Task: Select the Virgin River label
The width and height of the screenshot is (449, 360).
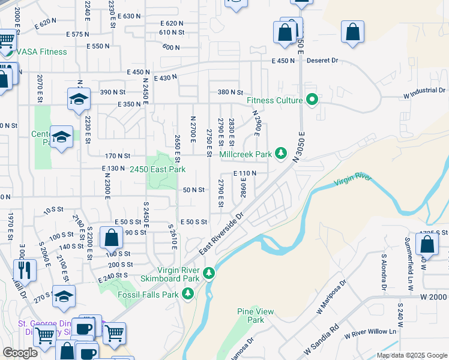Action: [352, 178]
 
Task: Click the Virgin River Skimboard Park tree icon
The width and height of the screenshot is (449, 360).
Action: [209, 274]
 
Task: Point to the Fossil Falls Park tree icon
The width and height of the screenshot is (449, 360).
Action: [188, 293]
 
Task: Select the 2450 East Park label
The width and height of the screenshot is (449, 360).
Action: [158, 170]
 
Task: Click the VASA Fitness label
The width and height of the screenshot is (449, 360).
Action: [41, 52]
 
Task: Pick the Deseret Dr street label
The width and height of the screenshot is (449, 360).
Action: [323, 61]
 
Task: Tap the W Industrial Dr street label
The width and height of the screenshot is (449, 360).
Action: [424, 91]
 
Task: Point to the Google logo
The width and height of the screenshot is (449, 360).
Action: [20, 353]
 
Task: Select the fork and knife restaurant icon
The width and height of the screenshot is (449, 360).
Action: [25, 270]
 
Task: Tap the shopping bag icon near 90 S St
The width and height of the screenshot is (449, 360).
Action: [111, 238]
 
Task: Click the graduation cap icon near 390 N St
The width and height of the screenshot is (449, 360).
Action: [78, 99]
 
